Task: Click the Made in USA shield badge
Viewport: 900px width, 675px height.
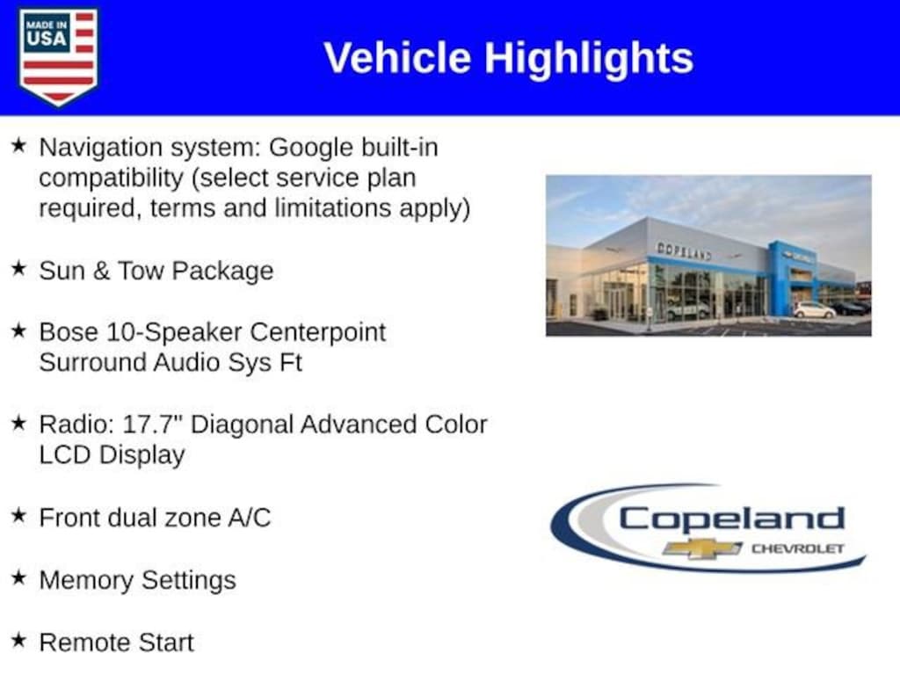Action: [x=58, y=56]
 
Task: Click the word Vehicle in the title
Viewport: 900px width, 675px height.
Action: [x=397, y=58]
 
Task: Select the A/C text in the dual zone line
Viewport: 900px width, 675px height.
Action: [x=249, y=518]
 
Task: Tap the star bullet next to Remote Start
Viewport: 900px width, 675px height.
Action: [x=18, y=641]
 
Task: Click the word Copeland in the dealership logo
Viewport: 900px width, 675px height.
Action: [x=731, y=519]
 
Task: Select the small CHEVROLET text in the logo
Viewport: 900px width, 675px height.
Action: [x=797, y=548]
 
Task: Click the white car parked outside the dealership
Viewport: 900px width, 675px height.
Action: [x=814, y=310]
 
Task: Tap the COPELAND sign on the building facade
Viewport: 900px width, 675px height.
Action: [x=684, y=251]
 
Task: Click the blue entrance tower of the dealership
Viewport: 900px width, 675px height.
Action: [x=781, y=279]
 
